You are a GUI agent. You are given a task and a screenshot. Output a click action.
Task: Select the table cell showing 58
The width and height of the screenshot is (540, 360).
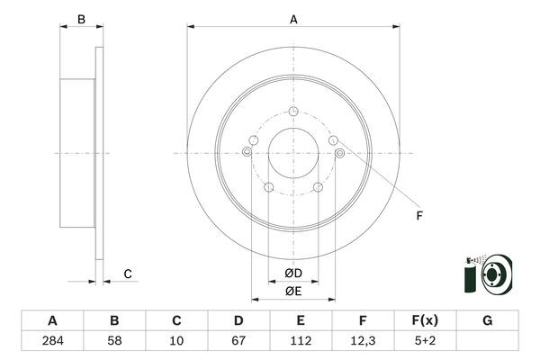point(114,341)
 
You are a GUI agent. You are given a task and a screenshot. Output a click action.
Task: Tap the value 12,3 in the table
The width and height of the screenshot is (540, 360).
point(362,341)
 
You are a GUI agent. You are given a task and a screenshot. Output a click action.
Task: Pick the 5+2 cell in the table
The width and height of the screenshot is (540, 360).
point(424,341)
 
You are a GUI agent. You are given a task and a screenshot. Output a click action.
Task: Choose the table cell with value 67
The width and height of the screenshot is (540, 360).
point(238,341)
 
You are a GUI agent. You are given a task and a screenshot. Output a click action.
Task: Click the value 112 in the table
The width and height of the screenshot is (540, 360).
point(301,341)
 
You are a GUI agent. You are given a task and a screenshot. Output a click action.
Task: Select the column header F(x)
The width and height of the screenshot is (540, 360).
point(424,320)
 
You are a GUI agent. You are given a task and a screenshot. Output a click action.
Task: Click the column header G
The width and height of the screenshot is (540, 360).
point(487,320)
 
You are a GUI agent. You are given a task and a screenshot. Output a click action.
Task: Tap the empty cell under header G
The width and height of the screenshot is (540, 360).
point(487,341)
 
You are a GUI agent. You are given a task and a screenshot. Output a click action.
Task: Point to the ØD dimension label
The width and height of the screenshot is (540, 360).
point(293,273)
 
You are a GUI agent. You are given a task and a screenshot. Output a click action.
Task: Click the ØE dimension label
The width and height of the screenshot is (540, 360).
point(293,291)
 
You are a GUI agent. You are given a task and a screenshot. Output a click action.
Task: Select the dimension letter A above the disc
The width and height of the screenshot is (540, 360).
point(293,18)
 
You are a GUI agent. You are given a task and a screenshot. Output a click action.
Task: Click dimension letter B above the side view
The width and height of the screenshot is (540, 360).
point(80,19)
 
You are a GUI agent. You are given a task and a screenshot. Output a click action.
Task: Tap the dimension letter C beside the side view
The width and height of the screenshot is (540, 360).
point(128,274)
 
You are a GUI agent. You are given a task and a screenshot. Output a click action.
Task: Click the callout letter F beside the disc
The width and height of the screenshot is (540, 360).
point(418,216)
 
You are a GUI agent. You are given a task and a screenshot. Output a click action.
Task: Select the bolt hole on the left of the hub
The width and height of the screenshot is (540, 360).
point(247,153)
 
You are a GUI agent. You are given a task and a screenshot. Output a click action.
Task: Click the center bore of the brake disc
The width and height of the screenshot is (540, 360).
point(293,153)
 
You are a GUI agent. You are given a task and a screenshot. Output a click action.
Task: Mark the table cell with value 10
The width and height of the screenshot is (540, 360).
point(176,341)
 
